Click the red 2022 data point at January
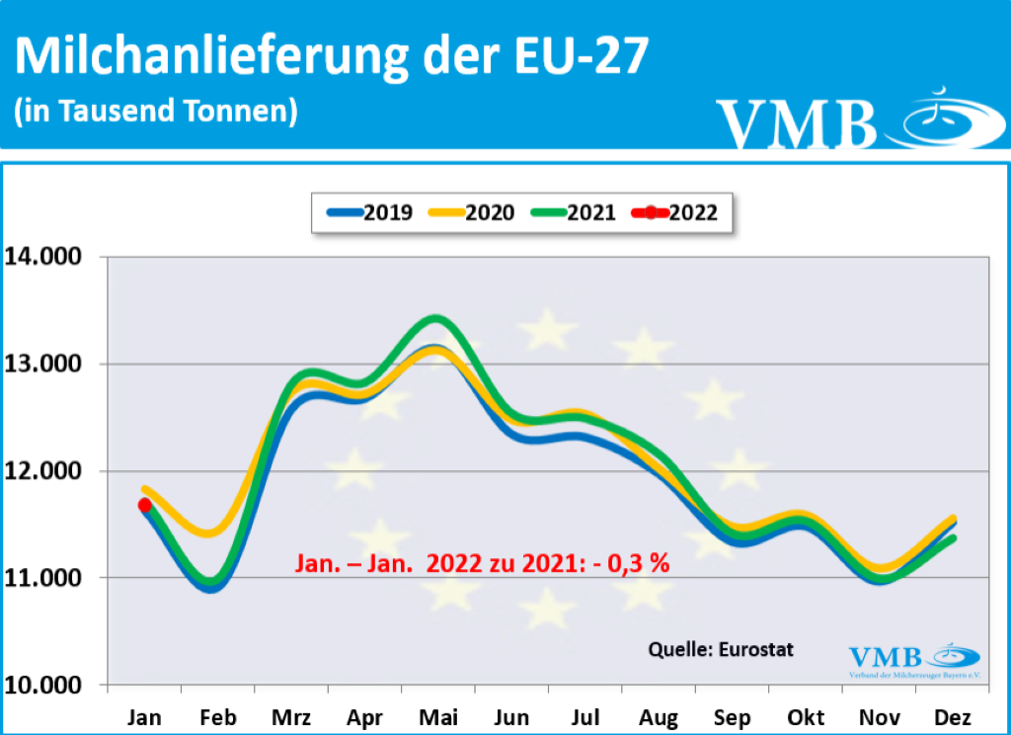pos(145,505)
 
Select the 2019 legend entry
pos(372,211)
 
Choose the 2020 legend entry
pos(474,211)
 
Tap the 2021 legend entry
pos(576,211)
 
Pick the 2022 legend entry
pos(678,211)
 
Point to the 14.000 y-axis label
pos(46,257)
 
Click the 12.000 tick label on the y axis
pos(46,471)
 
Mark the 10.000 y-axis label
pos(46,685)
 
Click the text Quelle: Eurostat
pos(721,649)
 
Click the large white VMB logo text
pos(797,122)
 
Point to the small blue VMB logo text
pos(886,656)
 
